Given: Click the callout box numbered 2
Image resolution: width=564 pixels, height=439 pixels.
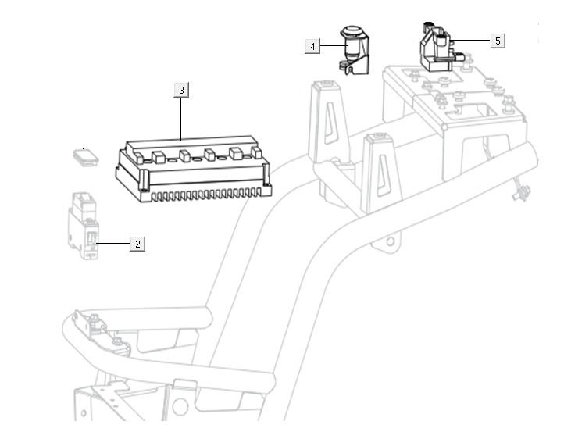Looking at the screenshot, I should point(137,244).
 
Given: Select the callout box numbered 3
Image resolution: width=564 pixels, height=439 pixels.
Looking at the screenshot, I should point(181,91).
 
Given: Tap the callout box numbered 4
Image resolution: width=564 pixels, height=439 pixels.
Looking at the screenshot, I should point(312,47).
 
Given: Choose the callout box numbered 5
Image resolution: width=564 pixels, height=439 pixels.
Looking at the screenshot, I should point(498,40).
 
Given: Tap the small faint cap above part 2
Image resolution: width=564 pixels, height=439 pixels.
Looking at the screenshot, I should point(84,156).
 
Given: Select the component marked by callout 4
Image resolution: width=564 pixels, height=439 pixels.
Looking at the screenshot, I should point(356,55).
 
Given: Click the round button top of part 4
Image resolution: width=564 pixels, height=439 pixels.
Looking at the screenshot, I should point(353,33).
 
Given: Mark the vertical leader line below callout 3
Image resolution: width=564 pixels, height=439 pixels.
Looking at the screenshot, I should point(181,117).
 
